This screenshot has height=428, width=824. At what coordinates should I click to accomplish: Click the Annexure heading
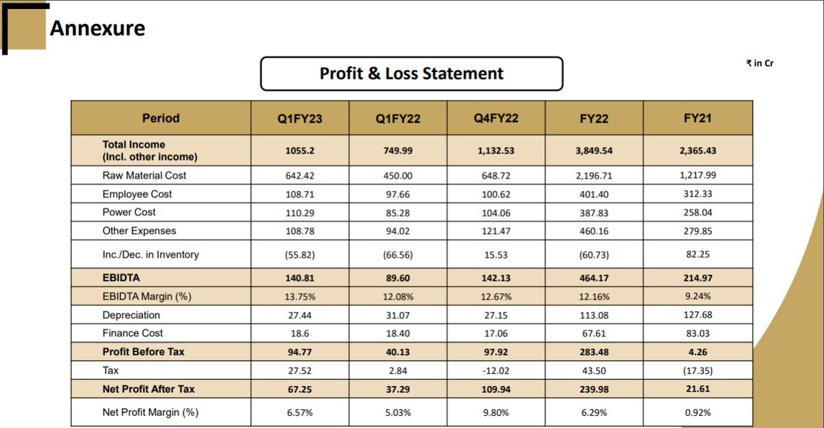pyautogui.click(x=97, y=28)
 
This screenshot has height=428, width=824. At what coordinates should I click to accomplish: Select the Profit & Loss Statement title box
pyautogui.click(x=411, y=74)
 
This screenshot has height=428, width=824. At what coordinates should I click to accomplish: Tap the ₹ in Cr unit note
pyautogui.click(x=759, y=63)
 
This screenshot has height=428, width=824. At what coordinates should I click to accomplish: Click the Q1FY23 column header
pyautogui.click(x=299, y=119)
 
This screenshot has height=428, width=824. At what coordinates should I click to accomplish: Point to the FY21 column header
pyautogui.click(x=698, y=118)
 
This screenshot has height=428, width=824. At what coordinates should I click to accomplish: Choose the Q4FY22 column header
pyautogui.click(x=496, y=118)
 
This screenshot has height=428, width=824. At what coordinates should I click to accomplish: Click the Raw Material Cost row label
pyautogui.click(x=144, y=175)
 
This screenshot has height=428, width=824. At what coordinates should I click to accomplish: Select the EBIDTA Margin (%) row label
pyautogui.click(x=147, y=297)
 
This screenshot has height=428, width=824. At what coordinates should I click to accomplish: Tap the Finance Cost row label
pyautogui.click(x=133, y=333)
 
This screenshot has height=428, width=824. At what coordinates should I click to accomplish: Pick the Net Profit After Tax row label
pyautogui.click(x=148, y=389)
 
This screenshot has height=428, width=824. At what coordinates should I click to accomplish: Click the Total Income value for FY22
pyautogui.click(x=594, y=150)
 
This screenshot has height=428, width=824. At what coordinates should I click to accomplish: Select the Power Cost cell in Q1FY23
pyautogui.click(x=299, y=213)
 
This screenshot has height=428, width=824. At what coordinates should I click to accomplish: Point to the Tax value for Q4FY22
pyautogui.click(x=496, y=371)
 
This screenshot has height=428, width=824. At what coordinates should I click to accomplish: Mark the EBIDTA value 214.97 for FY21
pyautogui.click(x=698, y=278)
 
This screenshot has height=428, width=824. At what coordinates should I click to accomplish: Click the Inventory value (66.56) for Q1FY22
pyautogui.click(x=398, y=255)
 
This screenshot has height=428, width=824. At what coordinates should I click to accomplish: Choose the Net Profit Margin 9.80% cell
pyautogui.click(x=496, y=413)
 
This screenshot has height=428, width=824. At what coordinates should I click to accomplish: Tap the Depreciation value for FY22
pyautogui.click(x=594, y=315)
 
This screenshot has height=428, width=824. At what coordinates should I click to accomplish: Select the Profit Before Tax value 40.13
pyautogui.click(x=398, y=352)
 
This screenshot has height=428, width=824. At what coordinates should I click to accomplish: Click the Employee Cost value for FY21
pyautogui.click(x=698, y=194)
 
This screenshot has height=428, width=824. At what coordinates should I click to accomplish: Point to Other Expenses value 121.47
pyautogui.click(x=496, y=231)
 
